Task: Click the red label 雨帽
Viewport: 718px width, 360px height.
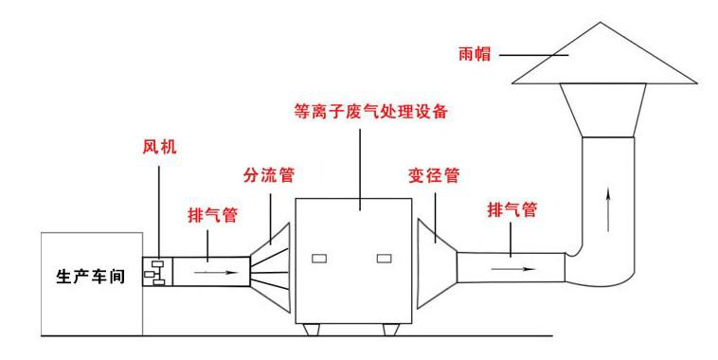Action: click(475, 54)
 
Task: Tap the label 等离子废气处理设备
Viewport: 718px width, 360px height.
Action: click(371, 111)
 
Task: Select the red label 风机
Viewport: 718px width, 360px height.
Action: click(159, 147)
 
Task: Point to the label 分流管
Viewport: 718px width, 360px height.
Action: click(269, 175)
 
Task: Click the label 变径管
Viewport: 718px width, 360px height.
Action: click(434, 175)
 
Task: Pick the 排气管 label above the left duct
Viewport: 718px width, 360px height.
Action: click(213, 214)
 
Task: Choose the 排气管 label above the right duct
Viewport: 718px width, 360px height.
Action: click(512, 209)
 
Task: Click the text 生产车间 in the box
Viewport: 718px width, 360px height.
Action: click(91, 277)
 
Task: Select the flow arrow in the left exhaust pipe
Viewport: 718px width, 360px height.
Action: click(216, 273)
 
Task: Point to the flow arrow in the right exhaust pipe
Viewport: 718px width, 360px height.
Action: click(513, 269)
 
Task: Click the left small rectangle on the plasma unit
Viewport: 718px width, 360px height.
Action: click(319, 259)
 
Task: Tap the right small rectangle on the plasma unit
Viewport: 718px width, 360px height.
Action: click(384, 259)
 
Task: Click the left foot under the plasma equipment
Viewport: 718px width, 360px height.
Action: click(313, 330)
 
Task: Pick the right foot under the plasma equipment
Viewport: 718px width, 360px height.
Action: click(391, 330)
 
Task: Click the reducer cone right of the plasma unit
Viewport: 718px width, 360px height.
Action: click(437, 263)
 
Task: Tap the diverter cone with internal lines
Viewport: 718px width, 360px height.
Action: click(271, 267)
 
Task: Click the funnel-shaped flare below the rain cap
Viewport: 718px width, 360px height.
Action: click(603, 110)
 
